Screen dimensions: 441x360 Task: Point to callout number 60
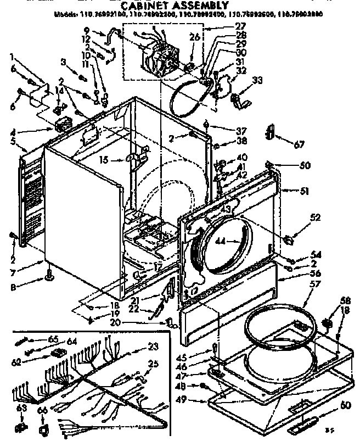pos(329,406)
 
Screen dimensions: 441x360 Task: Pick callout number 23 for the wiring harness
pos(153,347)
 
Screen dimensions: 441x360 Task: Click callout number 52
pos(316,217)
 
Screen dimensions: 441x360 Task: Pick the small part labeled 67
pos(269,132)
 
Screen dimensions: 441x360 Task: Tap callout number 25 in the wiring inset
pos(153,363)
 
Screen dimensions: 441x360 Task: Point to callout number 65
pos(53,339)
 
